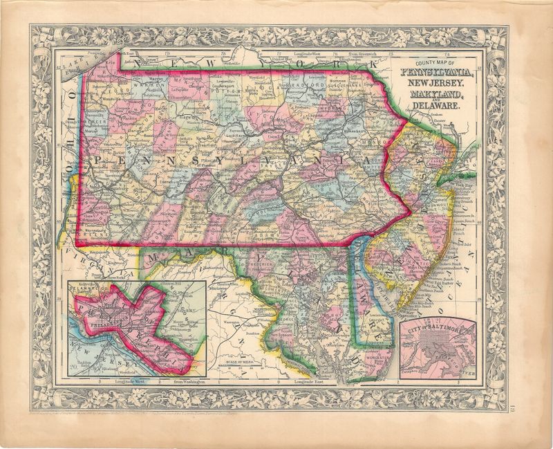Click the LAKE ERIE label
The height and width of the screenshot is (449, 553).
[x=71, y=66]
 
